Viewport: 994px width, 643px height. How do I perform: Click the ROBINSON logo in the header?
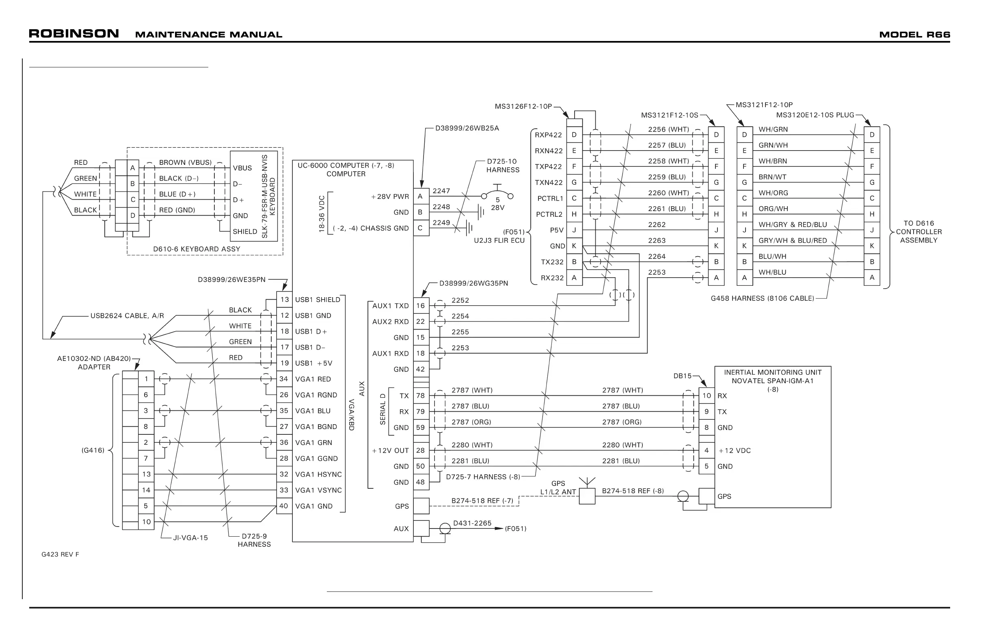(74, 33)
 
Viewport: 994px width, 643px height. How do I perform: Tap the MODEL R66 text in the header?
(914, 35)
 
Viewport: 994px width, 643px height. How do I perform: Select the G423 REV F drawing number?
(60, 555)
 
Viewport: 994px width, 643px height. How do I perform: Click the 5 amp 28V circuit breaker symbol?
(497, 194)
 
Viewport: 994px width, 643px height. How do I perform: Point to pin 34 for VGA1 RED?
(284, 379)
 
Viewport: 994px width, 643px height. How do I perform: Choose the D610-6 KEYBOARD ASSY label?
(197, 249)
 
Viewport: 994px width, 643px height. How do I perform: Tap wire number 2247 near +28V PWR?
(441, 191)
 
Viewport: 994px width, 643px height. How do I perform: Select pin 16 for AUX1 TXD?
(420, 306)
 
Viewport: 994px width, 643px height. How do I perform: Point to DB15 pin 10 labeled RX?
(707, 395)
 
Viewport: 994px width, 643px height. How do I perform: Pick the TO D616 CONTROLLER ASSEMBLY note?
(919, 232)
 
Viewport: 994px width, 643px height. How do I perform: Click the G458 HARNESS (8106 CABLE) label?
(762, 298)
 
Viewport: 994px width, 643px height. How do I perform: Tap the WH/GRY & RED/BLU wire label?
(793, 224)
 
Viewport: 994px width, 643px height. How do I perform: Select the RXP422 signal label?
(549, 135)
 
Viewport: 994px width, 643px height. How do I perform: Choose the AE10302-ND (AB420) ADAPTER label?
(94, 362)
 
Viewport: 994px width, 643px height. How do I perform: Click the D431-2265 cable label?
(472, 523)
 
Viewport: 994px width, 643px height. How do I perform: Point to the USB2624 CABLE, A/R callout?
(127, 316)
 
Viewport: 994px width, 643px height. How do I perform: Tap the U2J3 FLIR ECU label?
(499, 240)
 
